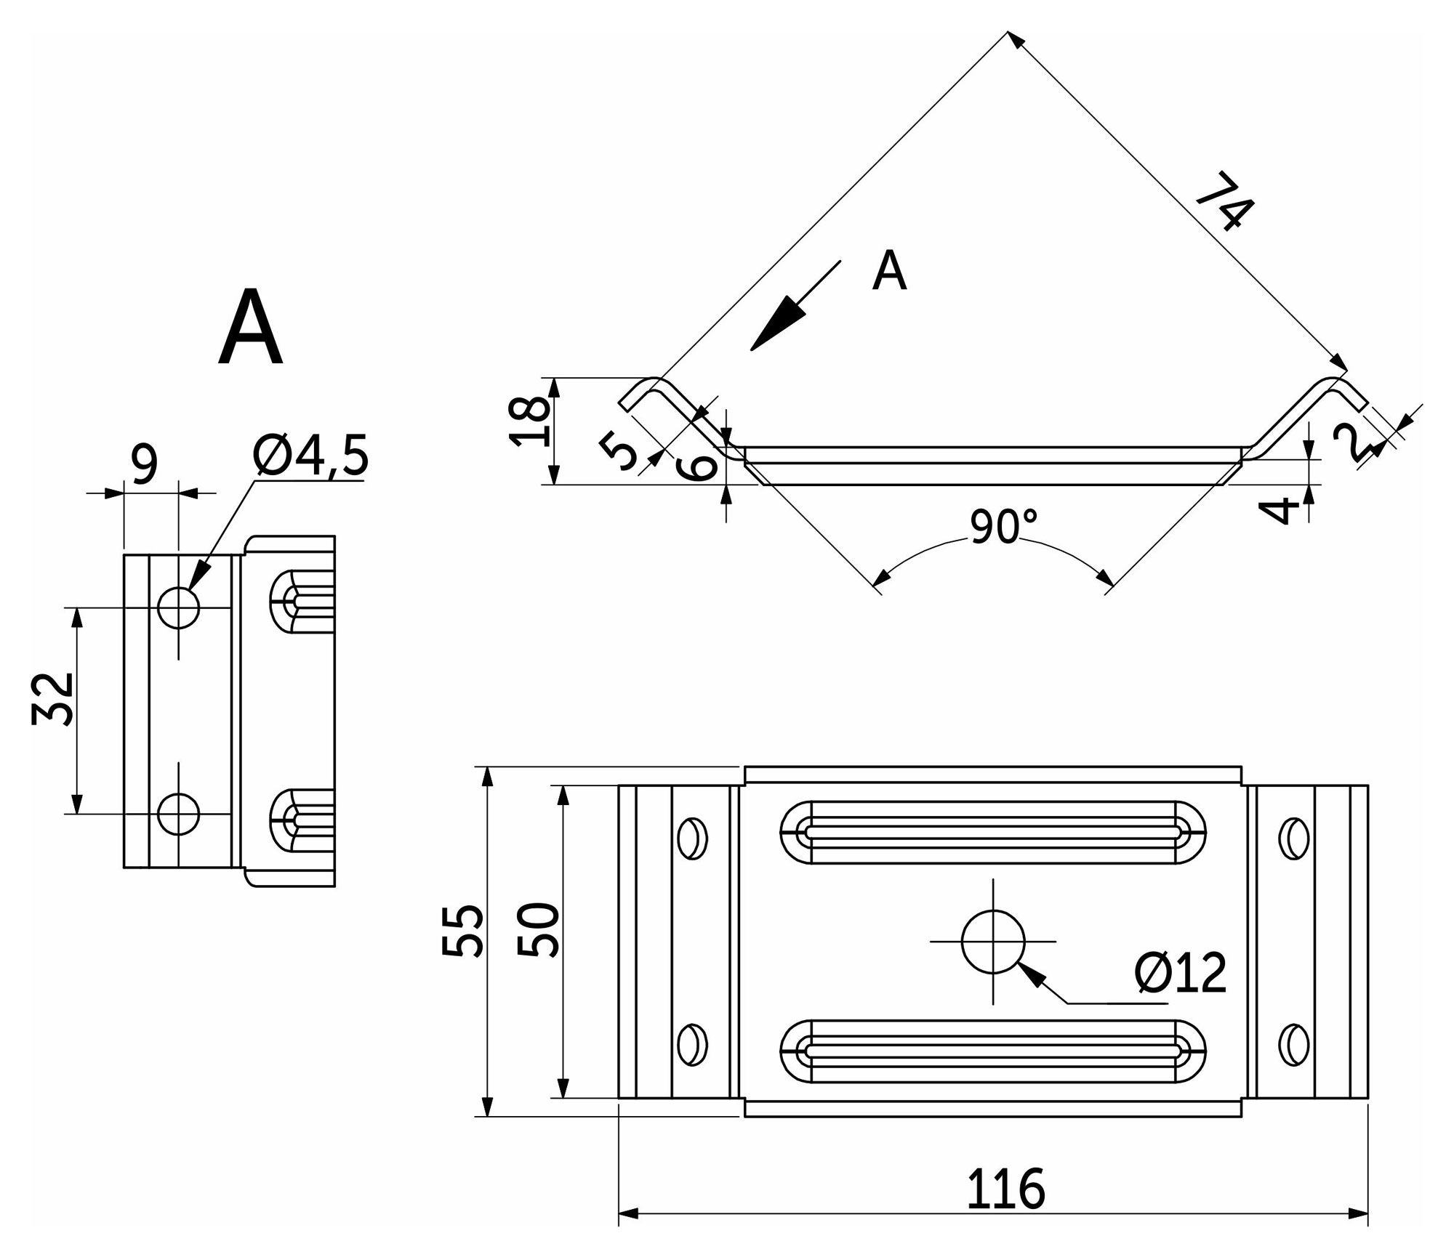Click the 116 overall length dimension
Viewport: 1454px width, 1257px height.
click(1005, 1189)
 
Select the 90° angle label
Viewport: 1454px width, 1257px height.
click(1003, 527)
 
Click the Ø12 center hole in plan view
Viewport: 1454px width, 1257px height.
click(993, 942)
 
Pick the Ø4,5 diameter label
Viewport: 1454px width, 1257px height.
click(310, 456)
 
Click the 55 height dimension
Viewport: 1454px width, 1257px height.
click(462, 931)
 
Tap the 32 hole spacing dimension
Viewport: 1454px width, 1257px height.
click(53, 699)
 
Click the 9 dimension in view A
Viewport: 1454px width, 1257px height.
click(145, 464)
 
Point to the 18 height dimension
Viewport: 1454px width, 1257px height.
click(529, 421)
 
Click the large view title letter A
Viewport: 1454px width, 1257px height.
click(250, 328)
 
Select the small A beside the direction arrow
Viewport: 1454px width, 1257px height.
click(889, 271)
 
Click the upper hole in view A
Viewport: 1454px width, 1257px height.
click(178, 607)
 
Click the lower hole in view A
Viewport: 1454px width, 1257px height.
click(178, 814)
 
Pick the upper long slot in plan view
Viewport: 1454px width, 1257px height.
click(993, 833)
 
